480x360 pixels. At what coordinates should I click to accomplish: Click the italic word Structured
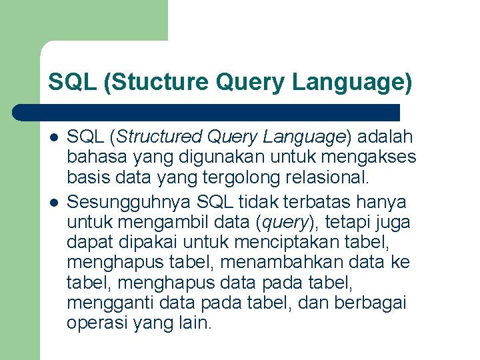160,137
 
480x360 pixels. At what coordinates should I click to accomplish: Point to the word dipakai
146,241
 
